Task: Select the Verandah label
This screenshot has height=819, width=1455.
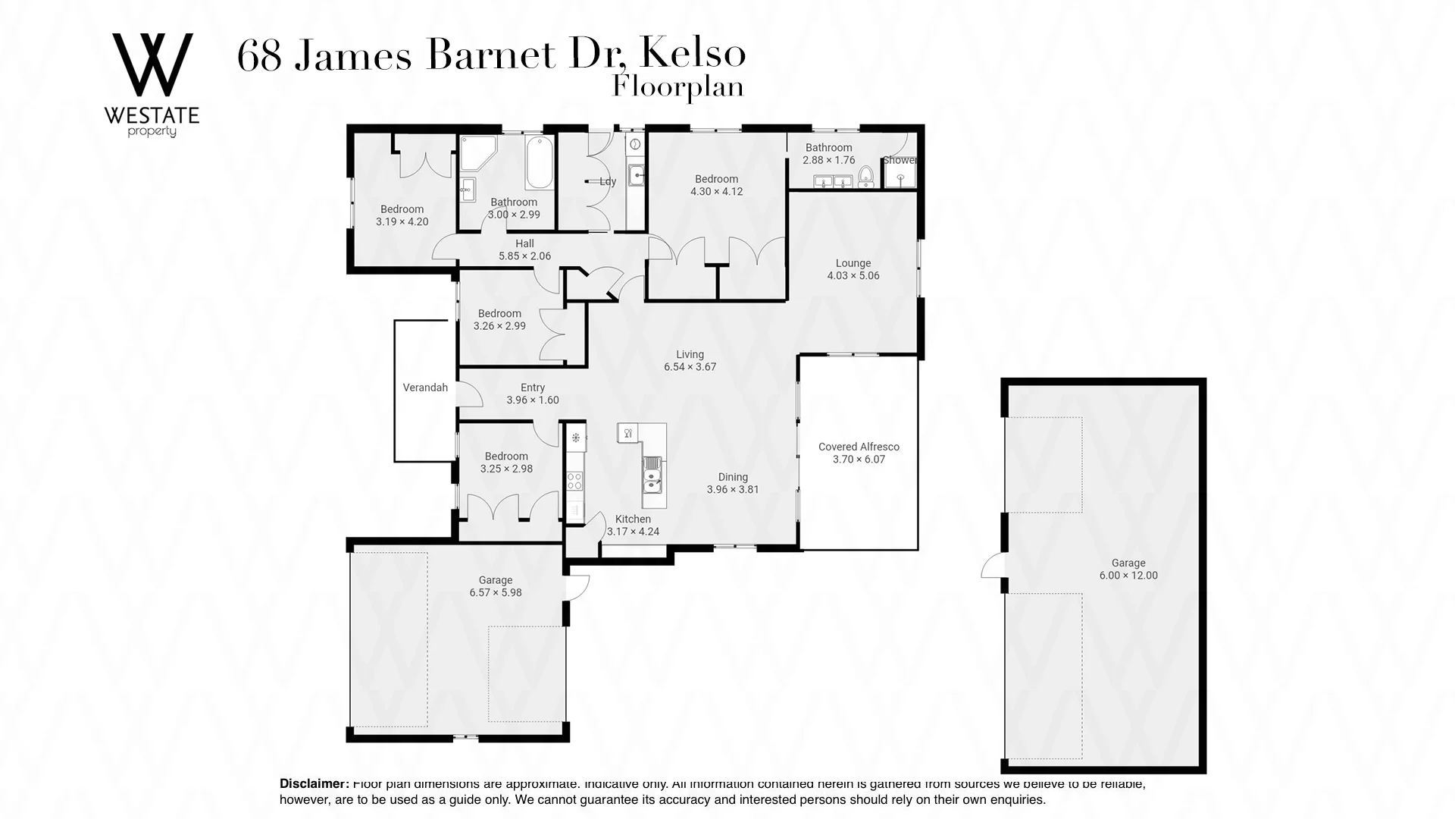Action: coord(425,388)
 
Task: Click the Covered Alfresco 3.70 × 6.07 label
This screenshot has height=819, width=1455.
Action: coord(859,453)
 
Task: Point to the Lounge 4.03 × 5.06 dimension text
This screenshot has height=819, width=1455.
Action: coord(853,270)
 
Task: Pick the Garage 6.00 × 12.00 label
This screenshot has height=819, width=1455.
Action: coord(1128,569)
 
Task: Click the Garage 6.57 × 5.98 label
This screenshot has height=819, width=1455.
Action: coord(496,586)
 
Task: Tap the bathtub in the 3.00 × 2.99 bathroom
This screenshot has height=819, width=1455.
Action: coord(539,162)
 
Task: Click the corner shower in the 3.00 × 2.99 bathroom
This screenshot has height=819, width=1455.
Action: coord(476,155)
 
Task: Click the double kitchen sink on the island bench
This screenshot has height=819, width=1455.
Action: coord(652,478)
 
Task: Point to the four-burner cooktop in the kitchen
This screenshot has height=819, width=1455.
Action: coord(575,480)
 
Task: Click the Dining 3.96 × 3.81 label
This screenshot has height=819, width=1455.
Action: coord(733,483)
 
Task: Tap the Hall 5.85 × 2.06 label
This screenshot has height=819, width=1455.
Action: coord(524,249)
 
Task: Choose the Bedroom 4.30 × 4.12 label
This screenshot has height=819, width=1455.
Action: coord(716,185)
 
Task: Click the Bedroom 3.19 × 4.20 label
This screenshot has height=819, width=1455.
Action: coord(402,215)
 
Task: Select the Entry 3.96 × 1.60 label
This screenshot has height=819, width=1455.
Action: coord(533,394)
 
